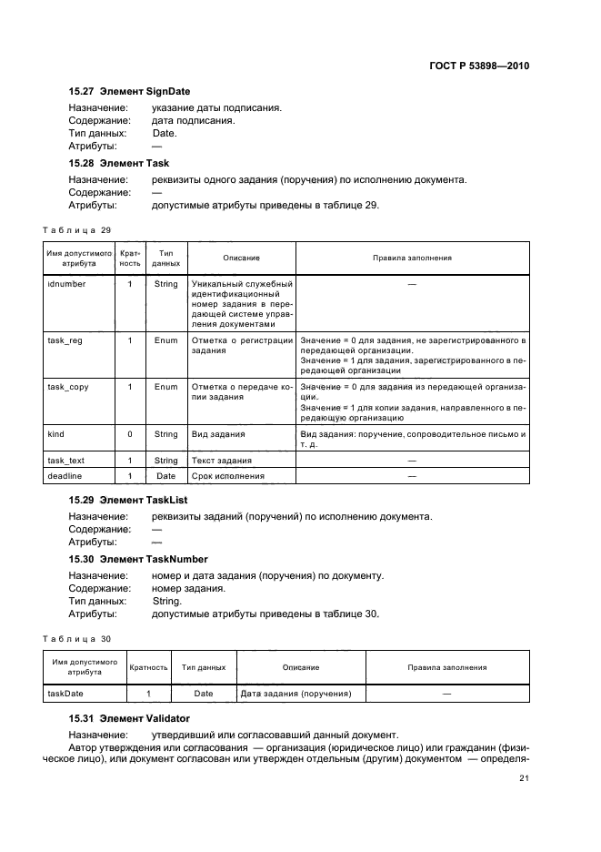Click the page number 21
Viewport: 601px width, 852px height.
click(524, 778)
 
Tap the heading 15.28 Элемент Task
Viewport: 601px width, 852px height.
click(119, 163)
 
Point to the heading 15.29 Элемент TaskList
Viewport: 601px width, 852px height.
click(128, 501)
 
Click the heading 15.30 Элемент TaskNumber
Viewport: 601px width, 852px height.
click(138, 559)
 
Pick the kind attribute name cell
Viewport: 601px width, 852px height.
click(55, 434)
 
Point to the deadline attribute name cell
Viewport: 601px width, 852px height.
click(62, 476)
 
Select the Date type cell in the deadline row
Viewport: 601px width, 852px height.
click(165, 476)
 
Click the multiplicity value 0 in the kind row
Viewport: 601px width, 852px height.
click(130, 434)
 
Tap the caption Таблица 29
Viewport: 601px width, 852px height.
click(77, 229)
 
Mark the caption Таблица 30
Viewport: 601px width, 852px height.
click(77, 638)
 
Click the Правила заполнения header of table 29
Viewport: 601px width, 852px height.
click(412, 258)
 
